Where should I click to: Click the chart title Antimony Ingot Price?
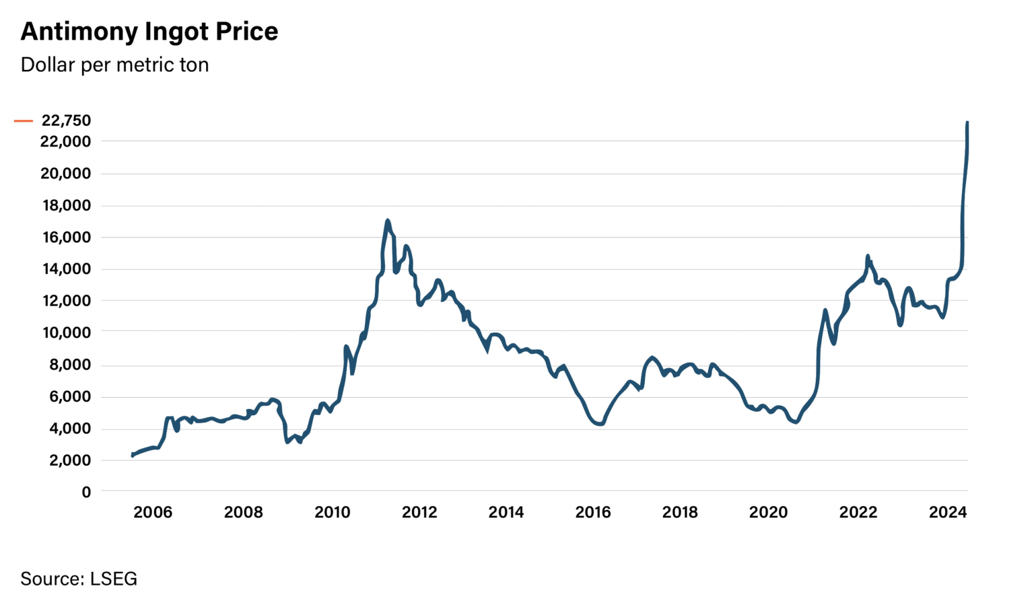point(149,32)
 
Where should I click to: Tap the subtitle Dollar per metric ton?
point(114,65)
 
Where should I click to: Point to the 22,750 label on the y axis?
point(66,120)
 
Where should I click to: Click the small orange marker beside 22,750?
point(24,121)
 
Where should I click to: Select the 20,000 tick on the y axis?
point(65,174)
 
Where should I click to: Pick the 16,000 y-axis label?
point(65,237)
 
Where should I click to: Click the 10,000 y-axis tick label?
point(65,332)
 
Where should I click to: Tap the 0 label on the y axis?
point(86,493)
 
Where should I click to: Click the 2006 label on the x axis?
point(153,513)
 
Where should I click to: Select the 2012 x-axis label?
point(419,513)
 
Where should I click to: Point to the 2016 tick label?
point(593,513)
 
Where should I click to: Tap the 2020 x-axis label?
point(768,513)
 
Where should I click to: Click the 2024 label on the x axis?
point(948,513)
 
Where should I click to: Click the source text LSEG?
point(113,579)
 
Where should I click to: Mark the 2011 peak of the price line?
point(388,221)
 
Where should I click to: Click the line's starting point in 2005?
point(133,456)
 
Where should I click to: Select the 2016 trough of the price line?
point(600,424)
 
